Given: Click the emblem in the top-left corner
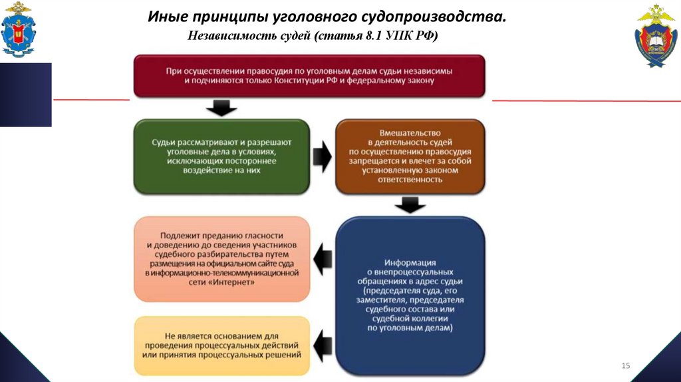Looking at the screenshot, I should [x=18, y=29].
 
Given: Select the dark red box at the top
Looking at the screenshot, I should [x=309, y=76].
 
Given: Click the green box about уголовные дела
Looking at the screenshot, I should [x=221, y=156].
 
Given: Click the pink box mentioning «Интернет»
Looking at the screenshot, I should [x=221, y=259].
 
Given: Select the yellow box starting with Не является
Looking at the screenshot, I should [x=221, y=345].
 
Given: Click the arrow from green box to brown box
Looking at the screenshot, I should [x=322, y=156].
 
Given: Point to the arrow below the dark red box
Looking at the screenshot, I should [x=221, y=108].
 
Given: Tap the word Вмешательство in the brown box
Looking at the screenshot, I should [x=409, y=132].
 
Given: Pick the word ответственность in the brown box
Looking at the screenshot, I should [x=409, y=179].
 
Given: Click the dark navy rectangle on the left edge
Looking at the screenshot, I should [x=25, y=95].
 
